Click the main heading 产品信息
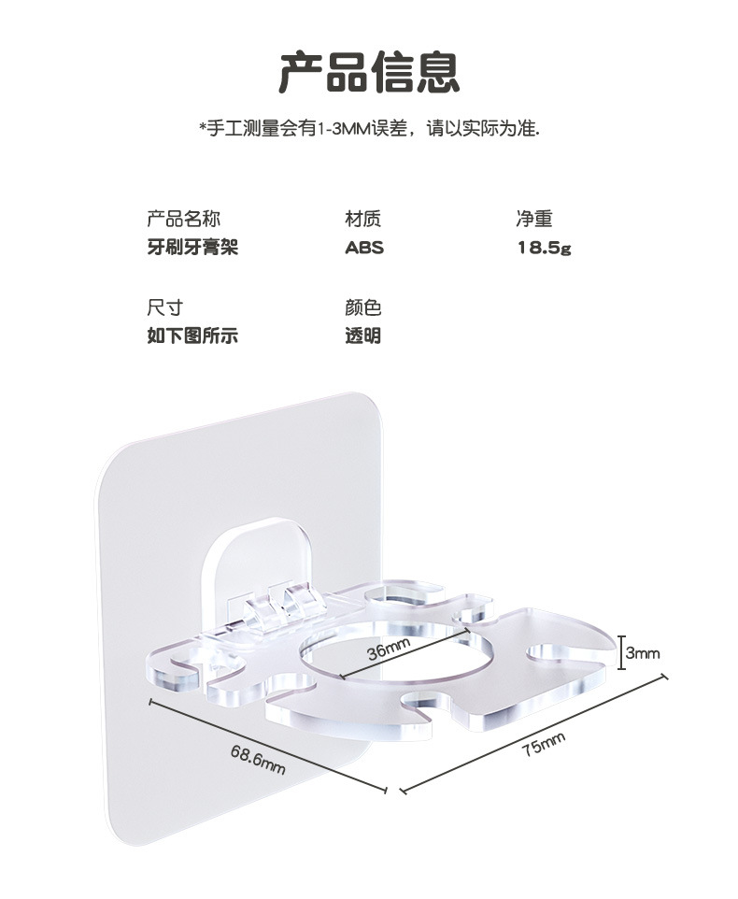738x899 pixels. [x=369, y=72]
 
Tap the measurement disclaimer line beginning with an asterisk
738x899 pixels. [x=369, y=128]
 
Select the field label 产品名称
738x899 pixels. [x=183, y=220]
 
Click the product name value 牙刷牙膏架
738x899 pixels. [x=192, y=248]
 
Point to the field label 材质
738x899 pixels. [x=363, y=220]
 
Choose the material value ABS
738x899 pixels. [x=364, y=249]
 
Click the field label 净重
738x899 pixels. [x=534, y=220]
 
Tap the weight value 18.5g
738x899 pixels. [x=545, y=249]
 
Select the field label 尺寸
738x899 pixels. [x=164, y=307]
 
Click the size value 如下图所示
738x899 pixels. [x=192, y=335]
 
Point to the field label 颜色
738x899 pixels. [x=363, y=307]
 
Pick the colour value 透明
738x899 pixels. [x=363, y=335]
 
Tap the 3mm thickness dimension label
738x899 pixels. [x=643, y=653]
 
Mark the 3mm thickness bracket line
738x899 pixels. [x=620, y=652]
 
